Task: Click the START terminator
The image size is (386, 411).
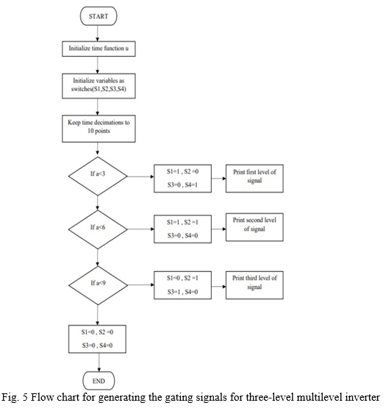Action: pyautogui.click(x=99, y=16)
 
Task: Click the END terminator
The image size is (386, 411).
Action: pyautogui.click(x=99, y=381)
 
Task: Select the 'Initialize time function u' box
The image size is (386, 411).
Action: pyautogui.click(x=99, y=49)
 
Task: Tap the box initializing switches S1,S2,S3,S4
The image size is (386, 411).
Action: pyautogui.click(x=99, y=86)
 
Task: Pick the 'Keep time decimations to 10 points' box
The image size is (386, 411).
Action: pyautogui.click(x=99, y=129)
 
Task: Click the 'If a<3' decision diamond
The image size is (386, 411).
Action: pyautogui.click(x=98, y=176)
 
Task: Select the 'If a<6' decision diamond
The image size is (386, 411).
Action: pyautogui.click(x=98, y=229)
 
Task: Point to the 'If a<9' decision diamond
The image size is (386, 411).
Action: pyautogui.click(x=99, y=285)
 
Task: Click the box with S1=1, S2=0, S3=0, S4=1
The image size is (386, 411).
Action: pyautogui.click(x=182, y=179)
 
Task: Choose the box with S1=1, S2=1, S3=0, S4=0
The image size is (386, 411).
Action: pyautogui.click(x=182, y=229)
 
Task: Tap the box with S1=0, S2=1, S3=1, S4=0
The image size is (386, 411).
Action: pyautogui.click(x=182, y=285)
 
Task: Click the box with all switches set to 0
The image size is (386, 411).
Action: pyautogui.click(x=97, y=339)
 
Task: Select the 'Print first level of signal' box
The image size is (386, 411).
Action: pyautogui.click(x=254, y=179)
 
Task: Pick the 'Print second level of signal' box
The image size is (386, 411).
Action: pyautogui.click(x=254, y=227)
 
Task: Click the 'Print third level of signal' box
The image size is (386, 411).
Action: pyautogui.click(x=254, y=285)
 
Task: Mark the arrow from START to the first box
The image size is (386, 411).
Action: pyautogui.click(x=98, y=33)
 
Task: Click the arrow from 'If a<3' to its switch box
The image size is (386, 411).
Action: pyautogui.click(x=140, y=176)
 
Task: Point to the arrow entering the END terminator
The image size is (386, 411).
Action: pyautogui.click(x=99, y=362)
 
